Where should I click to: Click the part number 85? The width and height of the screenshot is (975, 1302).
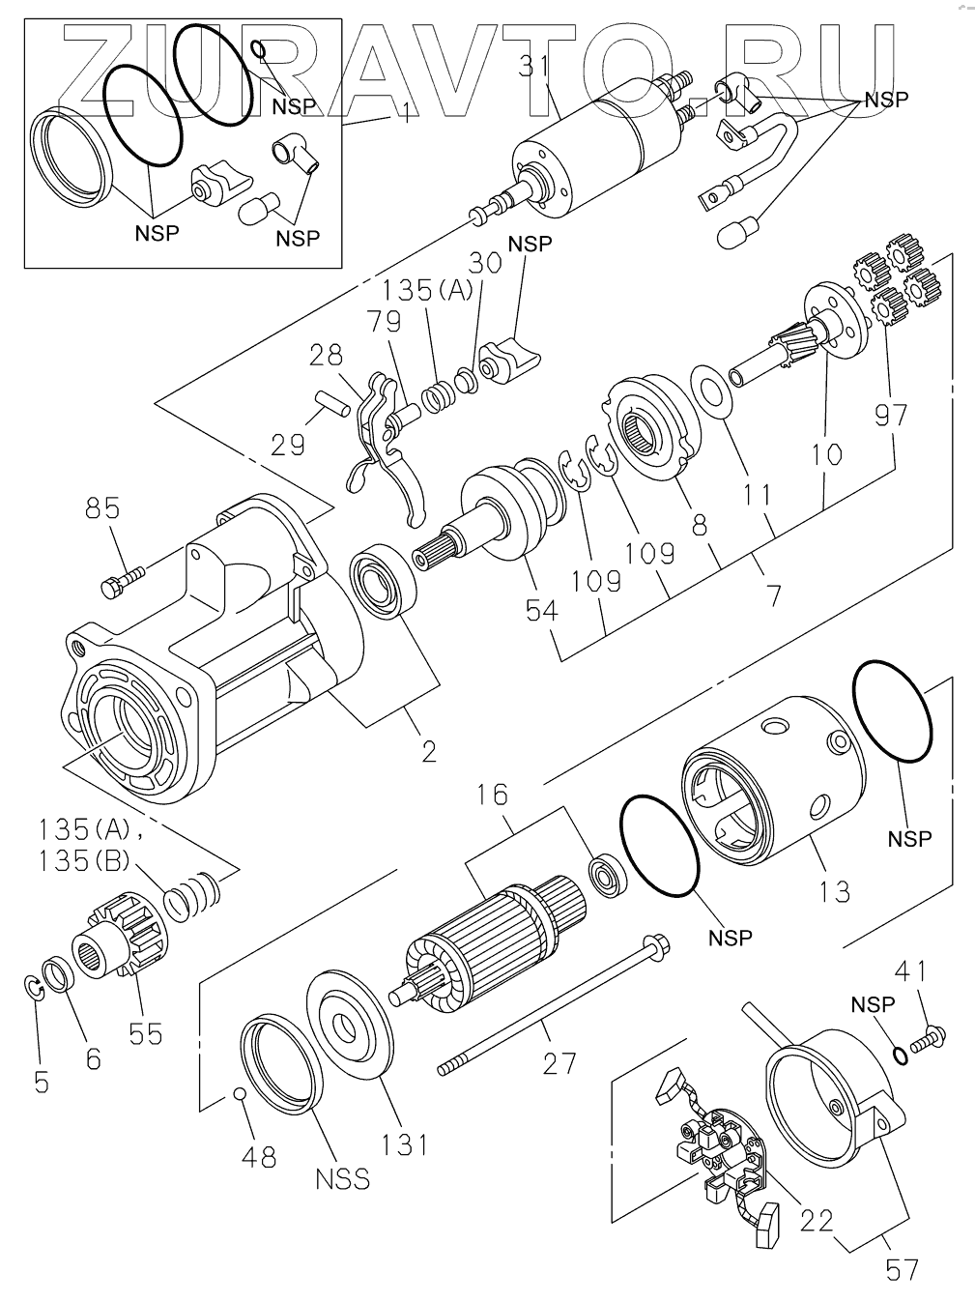(102, 508)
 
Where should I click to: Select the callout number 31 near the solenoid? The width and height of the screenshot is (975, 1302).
(534, 67)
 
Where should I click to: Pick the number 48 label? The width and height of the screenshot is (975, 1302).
(259, 1157)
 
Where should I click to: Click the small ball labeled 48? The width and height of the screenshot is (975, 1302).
(240, 1093)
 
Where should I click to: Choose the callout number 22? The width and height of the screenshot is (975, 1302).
(817, 1221)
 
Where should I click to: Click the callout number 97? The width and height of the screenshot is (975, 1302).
(892, 416)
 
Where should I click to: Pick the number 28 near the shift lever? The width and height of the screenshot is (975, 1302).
(326, 355)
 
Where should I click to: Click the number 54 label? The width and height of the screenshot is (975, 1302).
(542, 610)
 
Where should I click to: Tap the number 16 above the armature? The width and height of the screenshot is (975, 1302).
(492, 795)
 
